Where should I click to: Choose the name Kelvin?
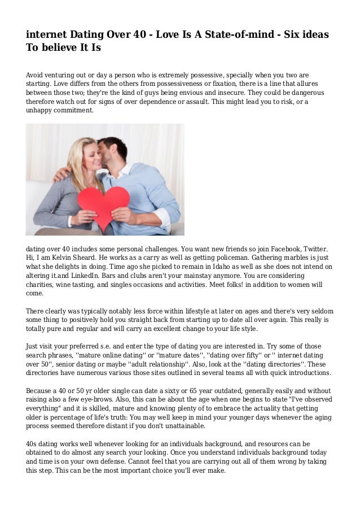pos(64,258)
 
